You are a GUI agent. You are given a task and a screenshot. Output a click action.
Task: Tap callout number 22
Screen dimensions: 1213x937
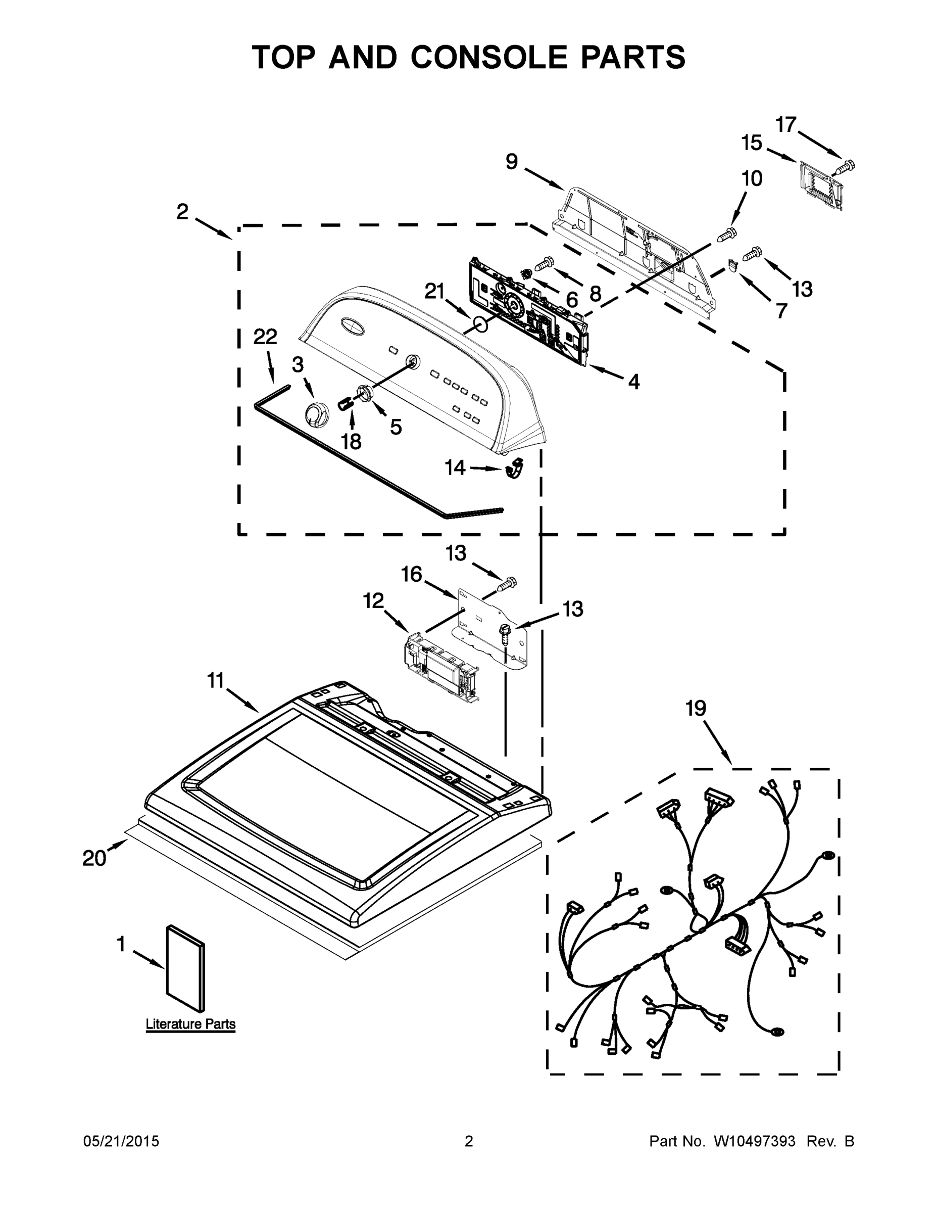coord(265,337)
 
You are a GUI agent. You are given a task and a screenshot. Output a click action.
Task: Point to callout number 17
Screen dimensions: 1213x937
coord(786,124)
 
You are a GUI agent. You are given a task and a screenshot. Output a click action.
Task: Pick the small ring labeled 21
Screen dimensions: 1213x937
coord(481,325)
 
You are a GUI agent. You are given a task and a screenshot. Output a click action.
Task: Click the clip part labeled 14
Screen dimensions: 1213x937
coord(516,468)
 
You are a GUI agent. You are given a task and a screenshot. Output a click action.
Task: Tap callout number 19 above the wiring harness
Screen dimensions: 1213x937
coord(695,708)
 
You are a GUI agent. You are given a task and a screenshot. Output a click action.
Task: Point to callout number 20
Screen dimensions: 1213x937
coord(94,858)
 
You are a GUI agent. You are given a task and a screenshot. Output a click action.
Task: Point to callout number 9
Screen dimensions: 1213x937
coord(511,162)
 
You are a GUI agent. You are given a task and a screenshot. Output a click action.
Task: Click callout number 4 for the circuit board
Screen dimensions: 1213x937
coord(633,382)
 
